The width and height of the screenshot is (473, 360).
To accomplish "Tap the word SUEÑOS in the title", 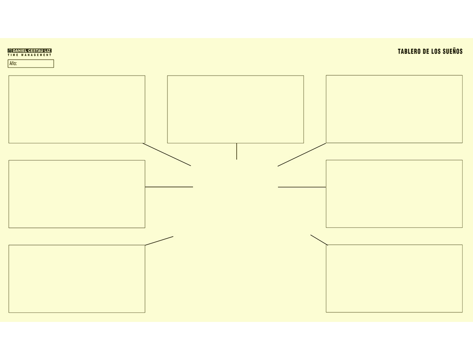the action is (453, 51).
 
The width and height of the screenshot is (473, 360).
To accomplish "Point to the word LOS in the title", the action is (436, 52).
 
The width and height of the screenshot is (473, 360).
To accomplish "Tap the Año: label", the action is (13, 63).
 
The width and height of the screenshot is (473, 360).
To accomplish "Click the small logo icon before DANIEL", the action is (10, 51).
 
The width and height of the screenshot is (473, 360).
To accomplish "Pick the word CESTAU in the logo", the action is (36, 51).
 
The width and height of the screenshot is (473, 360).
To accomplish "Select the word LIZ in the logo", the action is (48, 51).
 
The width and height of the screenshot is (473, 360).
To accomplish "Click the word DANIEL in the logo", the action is (20, 51).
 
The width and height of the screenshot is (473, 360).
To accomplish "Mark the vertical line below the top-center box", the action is (236, 151).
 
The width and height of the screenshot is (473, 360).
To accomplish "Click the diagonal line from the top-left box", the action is (167, 154).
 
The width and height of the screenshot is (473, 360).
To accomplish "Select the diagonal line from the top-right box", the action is (302, 155).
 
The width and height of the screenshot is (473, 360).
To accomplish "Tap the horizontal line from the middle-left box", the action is (169, 187).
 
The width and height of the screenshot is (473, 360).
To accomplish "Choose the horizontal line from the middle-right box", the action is (302, 187).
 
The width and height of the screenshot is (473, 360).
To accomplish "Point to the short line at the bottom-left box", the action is (159, 241).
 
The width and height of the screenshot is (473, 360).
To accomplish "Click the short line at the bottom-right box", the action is (319, 240).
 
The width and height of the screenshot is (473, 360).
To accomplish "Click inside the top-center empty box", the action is (235, 109).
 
